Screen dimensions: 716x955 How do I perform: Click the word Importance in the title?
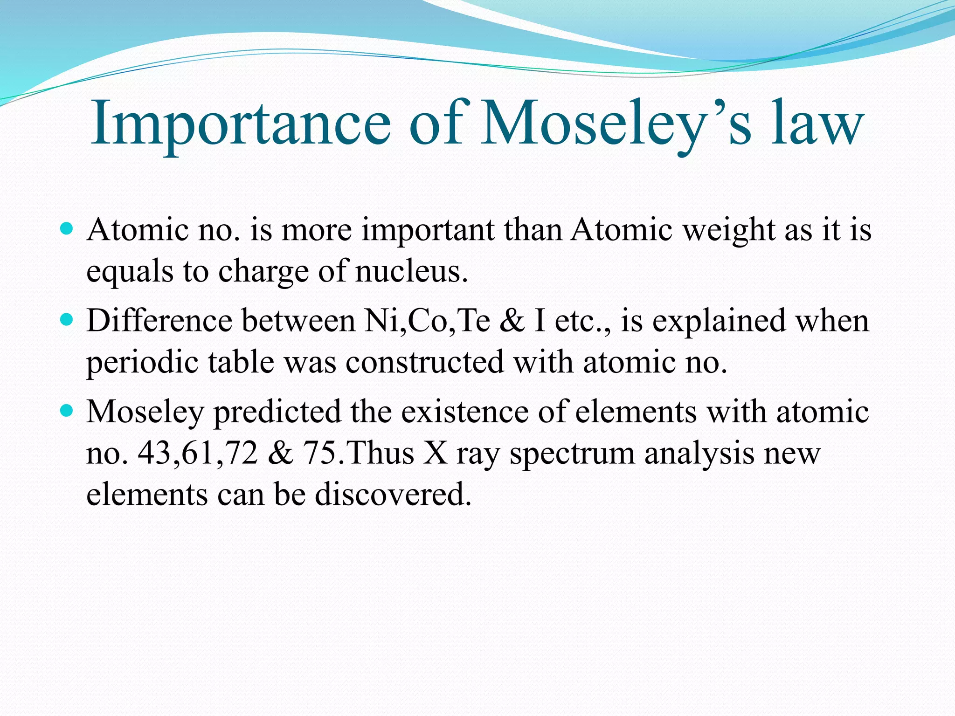coord(240,124)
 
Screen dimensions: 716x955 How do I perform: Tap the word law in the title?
coord(817,124)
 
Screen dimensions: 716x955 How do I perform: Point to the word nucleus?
coord(411,271)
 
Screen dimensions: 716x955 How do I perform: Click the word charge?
coord(263,272)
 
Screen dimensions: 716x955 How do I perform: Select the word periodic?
coord(142,363)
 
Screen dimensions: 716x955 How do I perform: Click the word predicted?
coord(277,412)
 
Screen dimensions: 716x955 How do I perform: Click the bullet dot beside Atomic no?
coord(67,229)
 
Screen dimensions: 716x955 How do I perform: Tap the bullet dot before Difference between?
coord(67,320)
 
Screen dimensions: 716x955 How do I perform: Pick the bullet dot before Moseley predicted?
coord(67,411)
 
